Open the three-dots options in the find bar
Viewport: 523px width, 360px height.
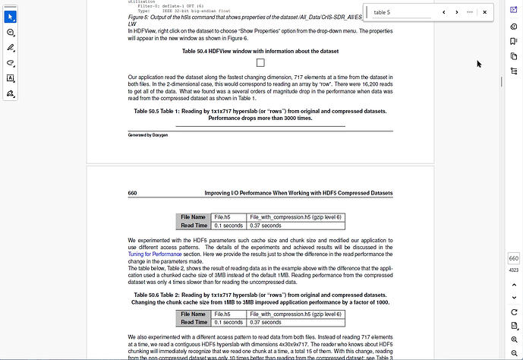(x=471, y=12)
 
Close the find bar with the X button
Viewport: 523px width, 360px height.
(x=484, y=12)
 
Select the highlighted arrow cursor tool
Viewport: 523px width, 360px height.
(x=11, y=17)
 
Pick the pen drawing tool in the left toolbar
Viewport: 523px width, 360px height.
(x=11, y=48)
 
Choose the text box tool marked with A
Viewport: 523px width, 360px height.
(x=11, y=78)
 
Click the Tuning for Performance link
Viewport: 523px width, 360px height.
(x=151, y=254)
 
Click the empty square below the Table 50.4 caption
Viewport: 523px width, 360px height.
(x=260, y=63)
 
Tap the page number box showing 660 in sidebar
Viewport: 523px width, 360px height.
(x=513, y=259)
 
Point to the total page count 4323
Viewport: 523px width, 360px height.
(x=513, y=270)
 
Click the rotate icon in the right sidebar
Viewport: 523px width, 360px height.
(x=513, y=309)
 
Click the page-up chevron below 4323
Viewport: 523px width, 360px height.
(x=513, y=282)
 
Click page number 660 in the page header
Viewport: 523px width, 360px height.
(x=133, y=194)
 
